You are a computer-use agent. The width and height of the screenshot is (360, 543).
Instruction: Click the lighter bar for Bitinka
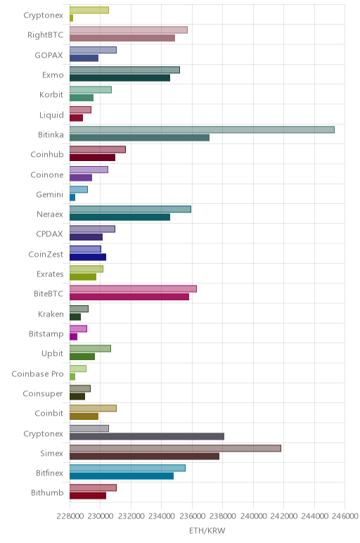[202, 130]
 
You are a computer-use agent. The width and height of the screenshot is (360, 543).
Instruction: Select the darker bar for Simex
[144, 456]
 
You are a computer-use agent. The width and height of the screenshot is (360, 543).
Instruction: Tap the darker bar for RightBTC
[122, 38]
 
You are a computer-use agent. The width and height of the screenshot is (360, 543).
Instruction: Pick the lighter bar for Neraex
[130, 209]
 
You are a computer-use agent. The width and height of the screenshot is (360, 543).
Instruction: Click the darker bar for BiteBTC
[129, 297]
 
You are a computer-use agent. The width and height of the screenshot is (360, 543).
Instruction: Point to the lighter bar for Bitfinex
[127, 468]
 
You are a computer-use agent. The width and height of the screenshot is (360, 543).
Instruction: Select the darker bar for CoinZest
[88, 257]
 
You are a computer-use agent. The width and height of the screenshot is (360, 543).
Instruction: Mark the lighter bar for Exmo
[124, 70]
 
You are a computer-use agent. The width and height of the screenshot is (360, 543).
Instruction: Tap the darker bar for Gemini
[72, 198]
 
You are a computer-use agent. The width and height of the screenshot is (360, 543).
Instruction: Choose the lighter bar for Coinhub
[98, 149]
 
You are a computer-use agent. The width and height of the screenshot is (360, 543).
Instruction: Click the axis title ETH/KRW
[207, 530]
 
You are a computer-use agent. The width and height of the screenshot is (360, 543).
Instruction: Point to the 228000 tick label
[69, 516]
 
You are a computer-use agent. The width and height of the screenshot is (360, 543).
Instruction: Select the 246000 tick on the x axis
[345, 516]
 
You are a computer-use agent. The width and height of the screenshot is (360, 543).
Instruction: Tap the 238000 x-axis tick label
[223, 516]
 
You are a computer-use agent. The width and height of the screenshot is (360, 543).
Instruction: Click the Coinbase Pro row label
[37, 374]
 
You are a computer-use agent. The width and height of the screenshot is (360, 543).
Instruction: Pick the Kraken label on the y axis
[51, 314]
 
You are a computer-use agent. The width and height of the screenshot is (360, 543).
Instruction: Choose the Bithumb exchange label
[47, 493]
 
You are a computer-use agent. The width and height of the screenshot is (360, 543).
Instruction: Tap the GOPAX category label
[49, 55]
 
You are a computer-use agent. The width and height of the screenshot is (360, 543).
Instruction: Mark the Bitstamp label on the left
[46, 334]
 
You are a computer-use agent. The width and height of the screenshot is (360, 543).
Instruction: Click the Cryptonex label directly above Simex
[44, 433]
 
